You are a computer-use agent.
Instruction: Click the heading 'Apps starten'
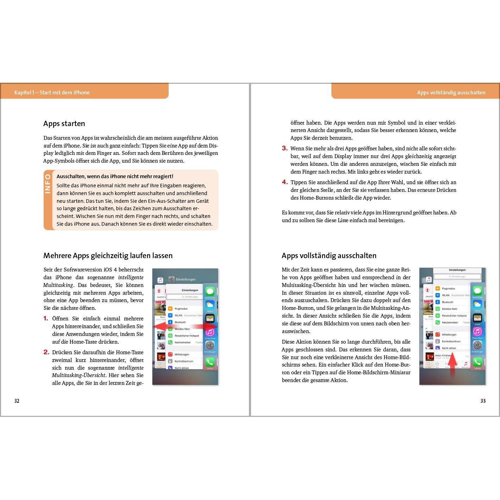click(x=64, y=124)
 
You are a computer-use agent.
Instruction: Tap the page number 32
click(x=17, y=401)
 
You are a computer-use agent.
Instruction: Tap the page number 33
click(x=483, y=401)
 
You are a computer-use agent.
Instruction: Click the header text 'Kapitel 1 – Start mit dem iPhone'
click(x=52, y=93)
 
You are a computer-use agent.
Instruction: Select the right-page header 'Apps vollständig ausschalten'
click(x=451, y=93)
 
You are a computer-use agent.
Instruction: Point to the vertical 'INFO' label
click(x=48, y=184)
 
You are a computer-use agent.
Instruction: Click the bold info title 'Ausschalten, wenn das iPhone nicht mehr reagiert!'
click(x=115, y=176)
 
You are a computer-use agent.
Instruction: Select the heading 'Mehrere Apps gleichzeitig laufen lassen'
click(x=108, y=256)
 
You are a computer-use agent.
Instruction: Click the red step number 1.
click(x=46, y=319)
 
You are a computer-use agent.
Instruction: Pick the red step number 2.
click(x=46, y=352)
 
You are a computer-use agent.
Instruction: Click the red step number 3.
click(x=285, y=148)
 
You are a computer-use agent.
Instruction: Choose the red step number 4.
click(x=285, y=182)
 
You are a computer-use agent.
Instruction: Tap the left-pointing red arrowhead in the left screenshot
click(x=158, y=326)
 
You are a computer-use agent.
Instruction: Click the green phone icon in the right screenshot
click(x=477, y=362)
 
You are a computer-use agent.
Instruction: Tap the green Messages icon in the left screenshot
click(x=210, y=292)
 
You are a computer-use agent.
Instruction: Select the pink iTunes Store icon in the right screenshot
click(x=477, y=331)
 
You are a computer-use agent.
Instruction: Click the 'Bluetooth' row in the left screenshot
click(x=180, y=322)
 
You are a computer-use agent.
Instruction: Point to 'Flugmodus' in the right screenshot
click(x=448, y=288)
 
